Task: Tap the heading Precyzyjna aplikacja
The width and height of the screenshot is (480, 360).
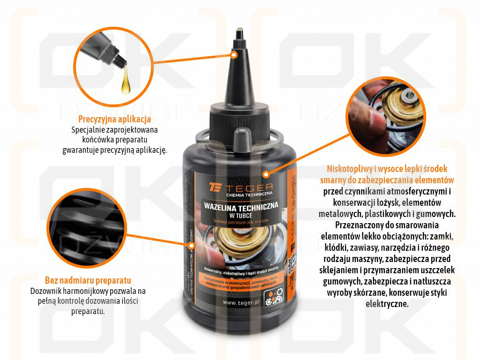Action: pos(114,119)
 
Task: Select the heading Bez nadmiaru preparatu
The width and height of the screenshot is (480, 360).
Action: pos(88,281)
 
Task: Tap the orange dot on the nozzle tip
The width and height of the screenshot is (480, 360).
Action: pos(235,54)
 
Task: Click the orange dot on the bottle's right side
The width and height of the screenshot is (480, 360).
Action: pos(266,174)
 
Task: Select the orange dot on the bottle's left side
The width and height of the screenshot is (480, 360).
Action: pos(191,245)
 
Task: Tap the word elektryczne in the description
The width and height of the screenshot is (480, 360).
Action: pos(387,304)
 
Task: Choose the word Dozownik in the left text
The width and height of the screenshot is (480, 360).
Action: pos(45,291)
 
